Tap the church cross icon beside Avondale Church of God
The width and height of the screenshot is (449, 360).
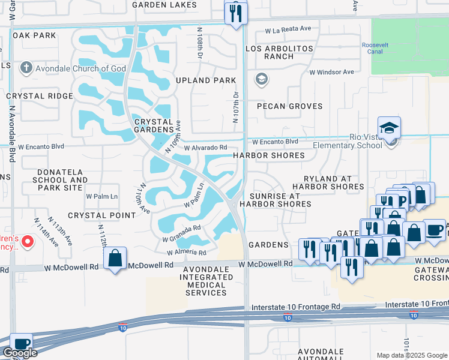pos(26,68)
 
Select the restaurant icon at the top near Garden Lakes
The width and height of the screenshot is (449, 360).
pos(235,13)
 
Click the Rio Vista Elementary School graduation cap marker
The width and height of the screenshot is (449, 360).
pos(388,128)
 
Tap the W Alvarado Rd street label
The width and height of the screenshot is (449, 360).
pos(206,148)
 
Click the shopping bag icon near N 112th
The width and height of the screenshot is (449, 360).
pos(115,259)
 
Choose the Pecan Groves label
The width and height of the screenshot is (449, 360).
pos(289,106)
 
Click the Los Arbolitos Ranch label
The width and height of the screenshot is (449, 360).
pos(270,52)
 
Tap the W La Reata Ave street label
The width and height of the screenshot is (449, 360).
pos(292,28)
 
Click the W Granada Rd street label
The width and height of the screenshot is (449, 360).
pos(181,234)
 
